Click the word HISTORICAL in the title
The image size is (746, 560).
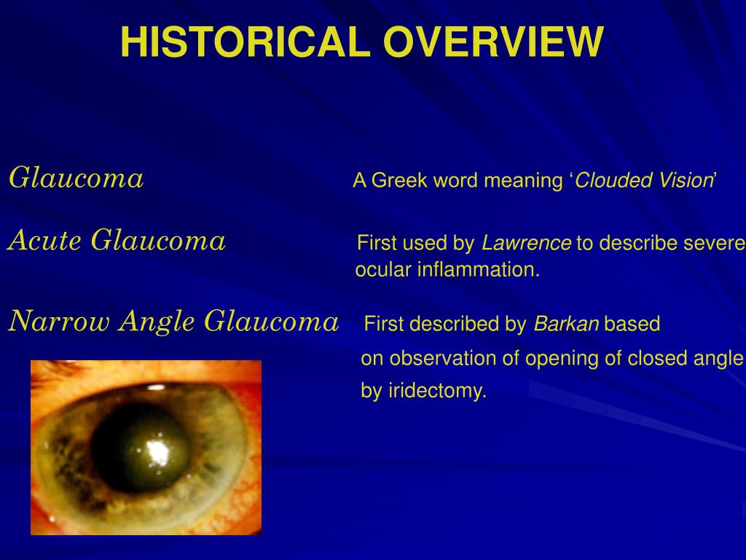[x=246, y=42]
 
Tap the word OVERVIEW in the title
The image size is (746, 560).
[x=493, y=42]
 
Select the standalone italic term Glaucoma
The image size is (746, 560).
[x=76, y=178]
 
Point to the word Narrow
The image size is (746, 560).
[x=60, y=321]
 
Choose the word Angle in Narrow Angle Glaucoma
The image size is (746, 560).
[x=157, y=322]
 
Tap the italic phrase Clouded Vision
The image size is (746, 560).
[x=643, y=181]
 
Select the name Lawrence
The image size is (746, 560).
[x=526, y=243]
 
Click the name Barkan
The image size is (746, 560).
[x=566, y=324]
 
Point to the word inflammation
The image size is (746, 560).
[x=479, y=270]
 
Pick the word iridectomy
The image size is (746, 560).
[x=438, y=391]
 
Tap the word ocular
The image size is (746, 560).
[x=383, y=270]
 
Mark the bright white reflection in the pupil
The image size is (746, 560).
[x=158, y=452]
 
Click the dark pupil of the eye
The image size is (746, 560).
[x=141, y=448]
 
